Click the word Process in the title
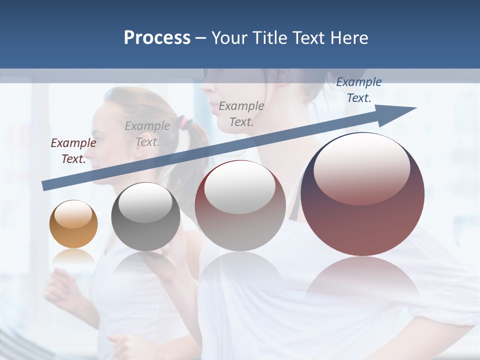click(x=157, y=38)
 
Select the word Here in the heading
click(x=349, y=38)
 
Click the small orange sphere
click(x=73, y=224)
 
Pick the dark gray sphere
click(x=145, y=216)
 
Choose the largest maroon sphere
click(x=362, y=194)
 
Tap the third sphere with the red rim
click(x=240, y=205)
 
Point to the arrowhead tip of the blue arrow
click(x=415, y=108)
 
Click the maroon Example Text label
click(x=73, y=150)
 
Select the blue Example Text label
click(x=358, y=90)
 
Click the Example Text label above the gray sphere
click(x=147, y=133)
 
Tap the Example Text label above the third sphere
click(x=241, y=113)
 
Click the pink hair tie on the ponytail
click(x=185, y=121)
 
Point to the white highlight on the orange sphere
click(x=73, y=214)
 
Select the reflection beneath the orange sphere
click(x=73, y=256)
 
